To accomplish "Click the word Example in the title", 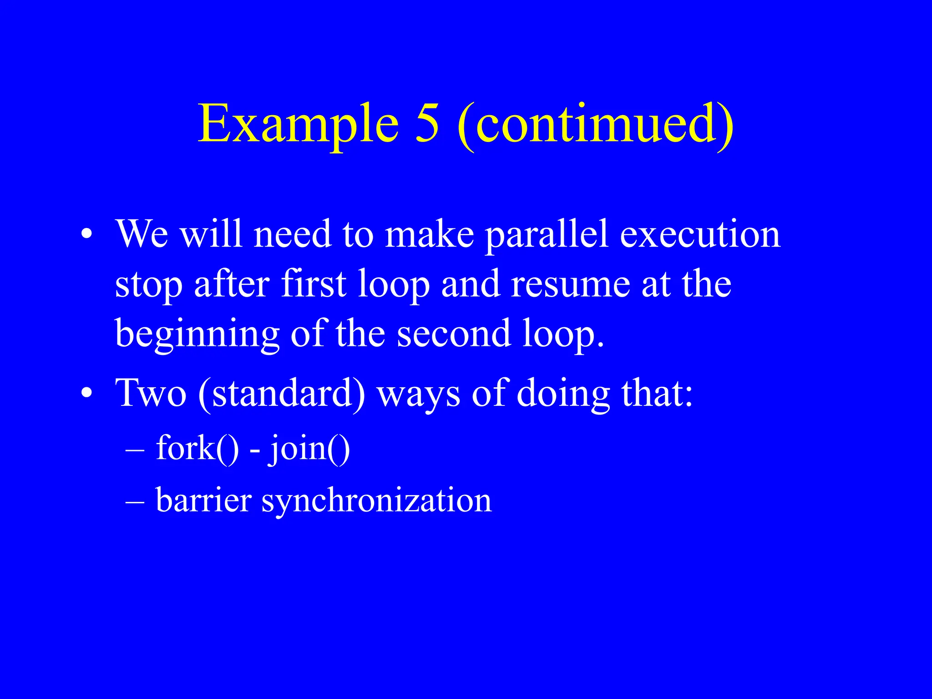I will tap(298, 124).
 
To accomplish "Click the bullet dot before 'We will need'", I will tap(86, 234).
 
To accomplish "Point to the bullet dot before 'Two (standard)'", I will tap(86, 393).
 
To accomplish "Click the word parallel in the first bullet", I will tap(546, 234).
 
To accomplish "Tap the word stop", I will tap(148, 284).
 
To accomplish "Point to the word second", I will tap(454, 333).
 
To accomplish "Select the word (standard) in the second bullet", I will tap(282, 393).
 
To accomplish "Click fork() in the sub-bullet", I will tap(197, 448).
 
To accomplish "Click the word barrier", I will tap(203, 500).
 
